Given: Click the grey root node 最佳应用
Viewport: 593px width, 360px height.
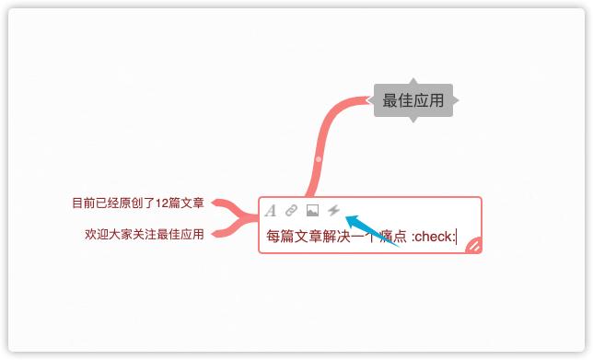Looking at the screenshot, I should pos(413,100).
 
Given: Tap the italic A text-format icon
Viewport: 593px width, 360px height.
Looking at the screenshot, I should pos(271,211).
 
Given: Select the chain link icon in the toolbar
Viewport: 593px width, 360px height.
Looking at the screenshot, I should pos(291,211).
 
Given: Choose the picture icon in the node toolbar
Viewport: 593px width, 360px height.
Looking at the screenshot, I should pos(312,211).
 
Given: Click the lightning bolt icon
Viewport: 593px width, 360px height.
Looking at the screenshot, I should pos(333,211).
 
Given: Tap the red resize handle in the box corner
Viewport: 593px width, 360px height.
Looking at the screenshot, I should pos(473,244).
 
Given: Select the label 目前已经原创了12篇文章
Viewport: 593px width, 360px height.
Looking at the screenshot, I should pos(138,203).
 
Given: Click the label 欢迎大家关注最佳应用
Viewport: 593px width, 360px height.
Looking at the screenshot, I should pos(144,234).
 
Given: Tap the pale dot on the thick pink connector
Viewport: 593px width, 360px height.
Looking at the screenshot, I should pos(319,160).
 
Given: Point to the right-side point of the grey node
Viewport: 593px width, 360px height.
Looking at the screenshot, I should pos(455,99).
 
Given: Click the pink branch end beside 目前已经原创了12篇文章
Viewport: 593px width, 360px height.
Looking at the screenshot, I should pos(217,203).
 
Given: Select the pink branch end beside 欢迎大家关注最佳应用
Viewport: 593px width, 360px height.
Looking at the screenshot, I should pos(217,234).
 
